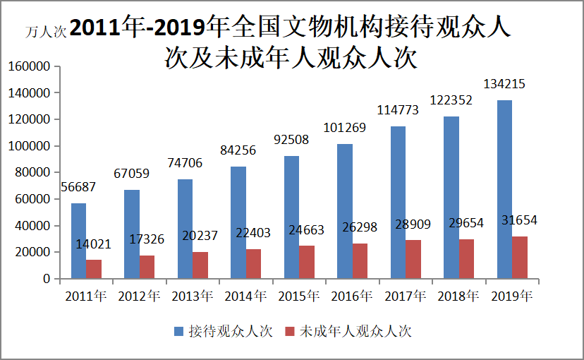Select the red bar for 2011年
pyautogui.click(x=94, y=269)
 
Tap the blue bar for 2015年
pyautogui.click(x=291, y=217)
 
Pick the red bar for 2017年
pyautogui.click(x=413, y=259)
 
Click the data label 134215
pyautogui.click(x=504, y=84)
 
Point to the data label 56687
pyautogui.click(x=78, y=187)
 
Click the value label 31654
pyautogui.click(x=518, y=220)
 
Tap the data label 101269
pyautogui.click(x=344, y=128)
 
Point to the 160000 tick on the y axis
pyautogui.click(x=29, y=66)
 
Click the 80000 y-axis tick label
pyautogui.click(x=32, y=172)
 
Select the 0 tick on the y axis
pyautogui.click(x=47, y=279)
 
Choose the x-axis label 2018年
pyautogui.click(x=458, y=296)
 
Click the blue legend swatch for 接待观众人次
pyautogui.click(x=179, y=331)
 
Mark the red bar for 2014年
pyautogui.click(x=253, y=263)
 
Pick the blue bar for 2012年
pyautogui.click(x=132, y=234)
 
